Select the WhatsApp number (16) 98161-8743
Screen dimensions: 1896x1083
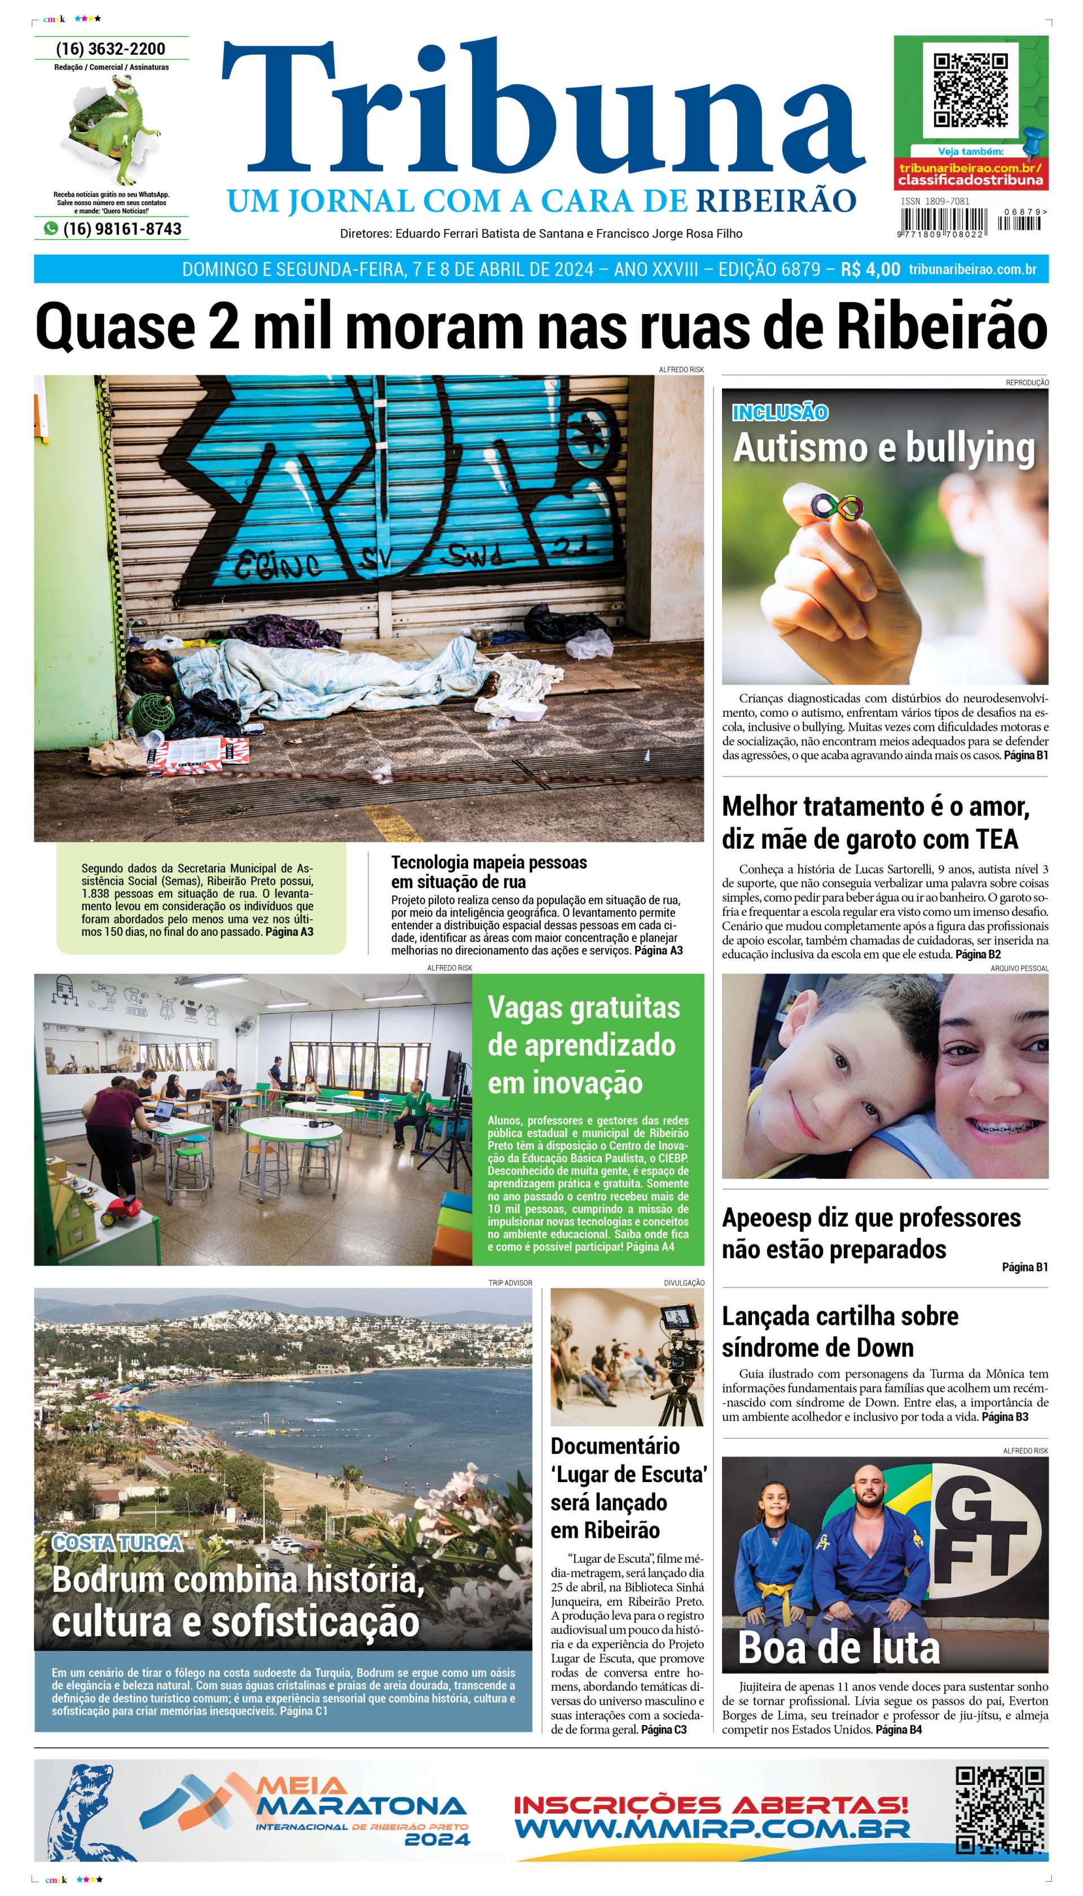click(121, 229)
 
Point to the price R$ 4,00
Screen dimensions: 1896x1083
click(870, 269)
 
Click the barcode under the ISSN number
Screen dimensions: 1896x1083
click(943, 222)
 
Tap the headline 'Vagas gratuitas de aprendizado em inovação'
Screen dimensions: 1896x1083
click(583, 1044)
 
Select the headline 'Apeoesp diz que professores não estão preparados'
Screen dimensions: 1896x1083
click(870, 1233)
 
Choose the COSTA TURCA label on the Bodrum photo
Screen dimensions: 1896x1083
click(117, 1544)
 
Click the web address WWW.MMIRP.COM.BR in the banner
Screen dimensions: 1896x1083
click(712, 1826)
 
